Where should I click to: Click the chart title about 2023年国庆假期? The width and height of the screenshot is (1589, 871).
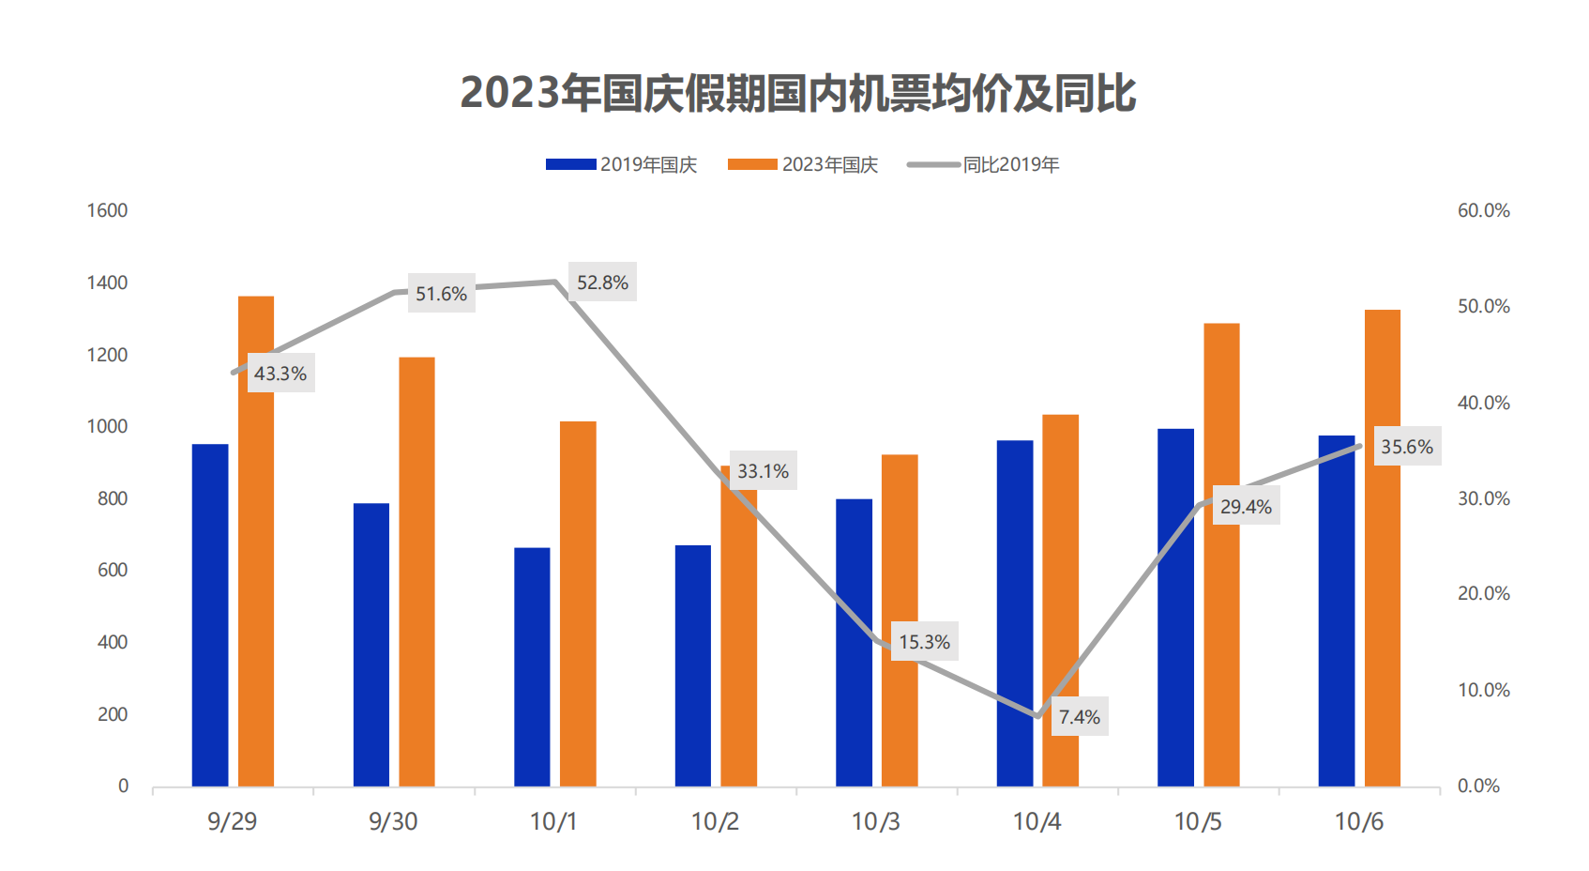[797, 94]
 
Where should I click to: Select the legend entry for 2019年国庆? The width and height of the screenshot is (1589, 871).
[622, 165]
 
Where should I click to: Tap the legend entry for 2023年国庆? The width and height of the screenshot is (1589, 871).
[803, 165]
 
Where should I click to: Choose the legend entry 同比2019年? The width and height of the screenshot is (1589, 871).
[984, 165]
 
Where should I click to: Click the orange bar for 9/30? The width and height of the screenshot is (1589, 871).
[416, 572]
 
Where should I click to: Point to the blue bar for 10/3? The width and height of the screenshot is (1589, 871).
[854, 642]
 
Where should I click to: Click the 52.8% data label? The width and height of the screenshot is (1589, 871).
[602, 283]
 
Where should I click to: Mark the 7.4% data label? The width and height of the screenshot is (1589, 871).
[1080, 717]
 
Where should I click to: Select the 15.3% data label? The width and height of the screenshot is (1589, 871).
[924, 642]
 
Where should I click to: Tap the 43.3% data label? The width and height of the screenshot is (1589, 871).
[280, 374]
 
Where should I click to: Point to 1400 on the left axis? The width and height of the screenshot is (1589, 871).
[107, 283]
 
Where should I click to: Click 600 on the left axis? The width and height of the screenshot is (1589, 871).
[112, 570]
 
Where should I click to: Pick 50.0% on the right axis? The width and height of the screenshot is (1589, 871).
[1483, 306]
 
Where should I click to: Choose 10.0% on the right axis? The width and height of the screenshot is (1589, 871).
[1483, 690]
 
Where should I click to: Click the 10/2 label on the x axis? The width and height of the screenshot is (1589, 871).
[715, 821]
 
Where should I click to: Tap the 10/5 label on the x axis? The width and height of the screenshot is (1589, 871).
[1198, 821]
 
